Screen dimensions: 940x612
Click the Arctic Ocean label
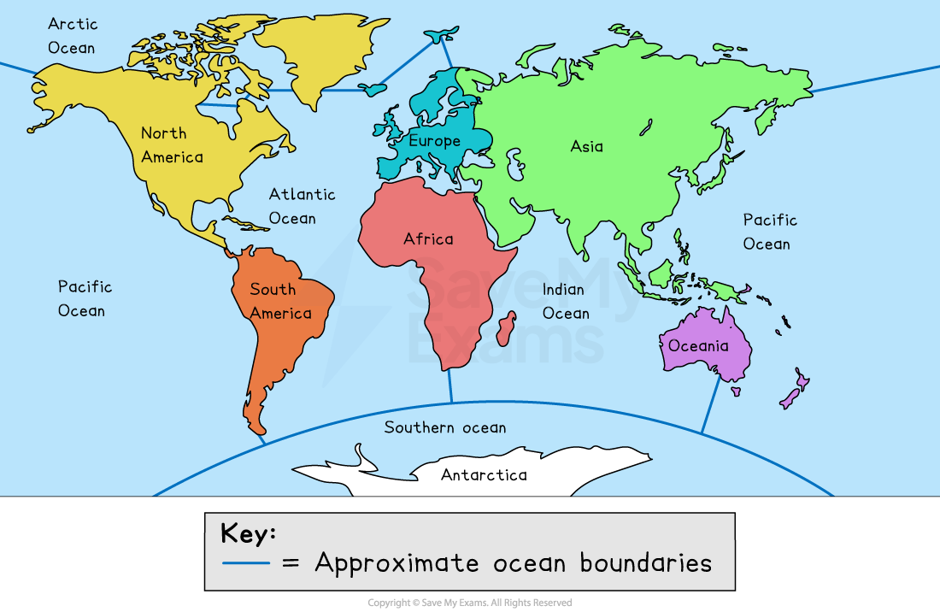point(73,36)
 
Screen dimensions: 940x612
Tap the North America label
point(172,144)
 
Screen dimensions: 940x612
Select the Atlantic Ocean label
point(302,206)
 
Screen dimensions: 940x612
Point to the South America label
point(280,301)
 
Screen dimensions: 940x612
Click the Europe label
point(434,141)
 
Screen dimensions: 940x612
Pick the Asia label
point(586,146)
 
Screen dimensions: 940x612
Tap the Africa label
point(428,238)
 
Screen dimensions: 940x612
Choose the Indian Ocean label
point(566,302)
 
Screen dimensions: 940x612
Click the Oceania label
point(698,345)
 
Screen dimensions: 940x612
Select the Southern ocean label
point(444,427)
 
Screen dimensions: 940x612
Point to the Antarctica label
point(484,474)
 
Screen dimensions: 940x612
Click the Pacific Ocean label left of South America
point(85,298)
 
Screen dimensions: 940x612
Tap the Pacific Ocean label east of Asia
point(769,232)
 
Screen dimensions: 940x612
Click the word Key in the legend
point(248,533)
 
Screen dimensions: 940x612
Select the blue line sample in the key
point(245,562)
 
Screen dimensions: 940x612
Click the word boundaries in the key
point(645,562)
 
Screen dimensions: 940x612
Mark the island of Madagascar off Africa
point(506,328)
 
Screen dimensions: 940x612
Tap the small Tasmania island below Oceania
point(735,391)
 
